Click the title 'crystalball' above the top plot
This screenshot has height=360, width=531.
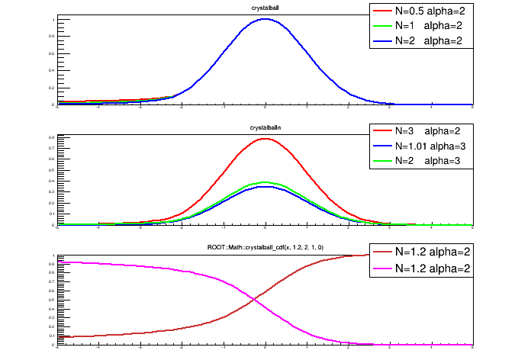(x=264, y=8)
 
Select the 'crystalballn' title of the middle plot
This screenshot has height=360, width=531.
(x=264, y=127)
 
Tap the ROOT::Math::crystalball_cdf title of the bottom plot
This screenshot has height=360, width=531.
(x=265, y=248)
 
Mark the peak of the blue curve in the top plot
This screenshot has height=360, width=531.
(x=265, y=20)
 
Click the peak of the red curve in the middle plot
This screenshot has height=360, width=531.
(x=265, y=139)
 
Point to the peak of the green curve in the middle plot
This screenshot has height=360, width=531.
(x=265, y=182)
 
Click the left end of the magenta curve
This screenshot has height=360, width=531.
(x=58, y=262)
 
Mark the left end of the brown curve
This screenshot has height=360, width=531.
(x=58, y=336)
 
